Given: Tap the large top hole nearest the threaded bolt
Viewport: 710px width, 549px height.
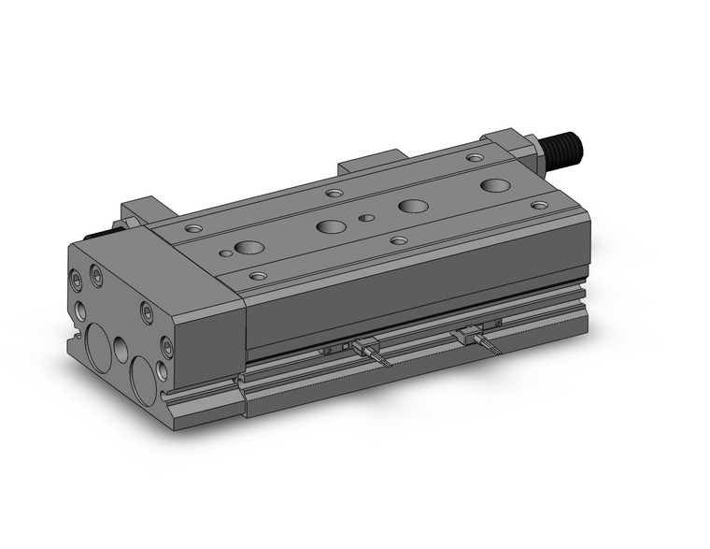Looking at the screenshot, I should click(x=495, y=185).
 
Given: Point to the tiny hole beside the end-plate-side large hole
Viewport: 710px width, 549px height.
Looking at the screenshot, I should click(x=225, y=253).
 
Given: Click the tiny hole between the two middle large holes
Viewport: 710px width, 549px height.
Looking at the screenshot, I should click(x=367, y=219).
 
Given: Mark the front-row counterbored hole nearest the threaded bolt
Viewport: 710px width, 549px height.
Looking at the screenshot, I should click(x=539, y=205).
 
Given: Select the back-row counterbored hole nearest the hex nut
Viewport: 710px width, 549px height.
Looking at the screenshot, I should click(x=475, y=159).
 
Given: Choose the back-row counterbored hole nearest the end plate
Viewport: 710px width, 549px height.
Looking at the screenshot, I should click(x=193, y=228).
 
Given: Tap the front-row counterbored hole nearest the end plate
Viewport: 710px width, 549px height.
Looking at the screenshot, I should click(x=258, y=276).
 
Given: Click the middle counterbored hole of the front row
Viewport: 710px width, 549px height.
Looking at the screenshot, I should click(x=399, y=240).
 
